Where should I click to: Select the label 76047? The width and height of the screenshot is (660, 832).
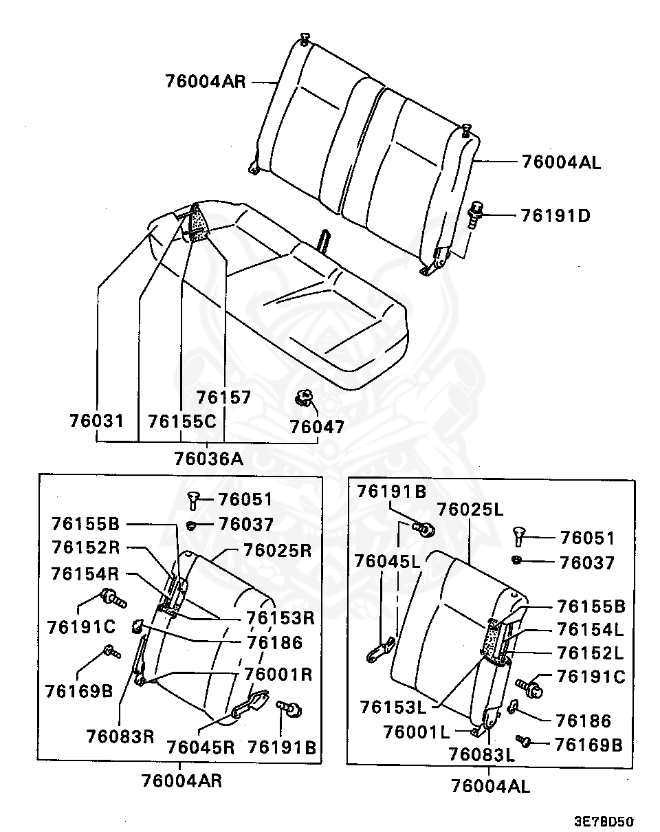tap(317, 427)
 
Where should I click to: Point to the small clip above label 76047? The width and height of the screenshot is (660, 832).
tap(303, 397)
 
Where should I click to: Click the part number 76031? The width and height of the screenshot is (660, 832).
tap(97, 419)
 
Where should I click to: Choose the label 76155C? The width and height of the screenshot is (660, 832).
tap(181, 419)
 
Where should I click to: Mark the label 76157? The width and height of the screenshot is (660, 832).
tap(223, 397)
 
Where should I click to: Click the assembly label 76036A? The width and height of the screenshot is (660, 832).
tap(208, 457)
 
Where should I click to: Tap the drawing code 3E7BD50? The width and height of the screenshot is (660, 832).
tap(604, 821)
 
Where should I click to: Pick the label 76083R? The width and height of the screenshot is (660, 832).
tap(120, 736)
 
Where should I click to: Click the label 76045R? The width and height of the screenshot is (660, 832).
tap(201, 747)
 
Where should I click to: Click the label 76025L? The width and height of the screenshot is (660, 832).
tap(471, 510)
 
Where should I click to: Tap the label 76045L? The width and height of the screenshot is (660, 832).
tap(388, 560)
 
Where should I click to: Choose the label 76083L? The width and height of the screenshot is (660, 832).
tap(481, 754)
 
